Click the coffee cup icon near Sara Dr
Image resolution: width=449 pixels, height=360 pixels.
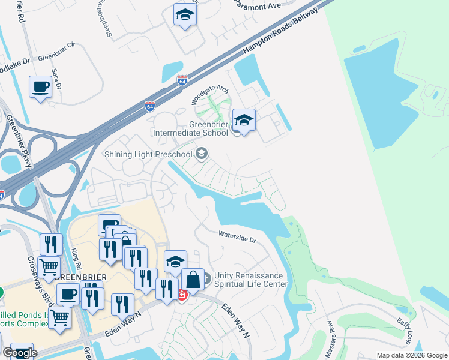pyautogui.click(x=40, y=86)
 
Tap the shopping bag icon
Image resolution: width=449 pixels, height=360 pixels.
pyautogui.click(x=193, y=280)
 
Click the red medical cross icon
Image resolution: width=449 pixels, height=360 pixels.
pyautogui.click(x=182, y=295)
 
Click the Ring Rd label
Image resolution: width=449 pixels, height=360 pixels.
pyautogui.click(x=76, y=257)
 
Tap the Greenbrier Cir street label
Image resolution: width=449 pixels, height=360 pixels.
pyautogui.click(x=56, y=59)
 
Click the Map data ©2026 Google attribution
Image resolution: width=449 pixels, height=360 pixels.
pyautogui.click(x=411, y=355)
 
